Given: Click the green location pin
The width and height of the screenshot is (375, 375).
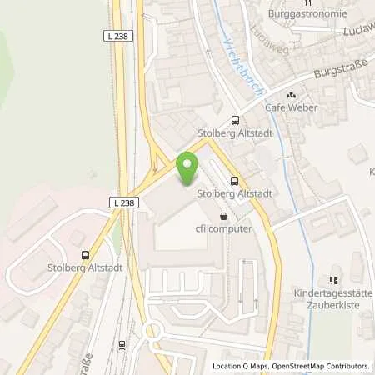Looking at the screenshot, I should click(x=187, y=167).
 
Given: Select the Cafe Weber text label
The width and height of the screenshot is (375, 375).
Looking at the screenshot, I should click(x=292, y=108).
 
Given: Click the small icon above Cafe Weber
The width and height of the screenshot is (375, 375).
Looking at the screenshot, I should click(x=292, y=94).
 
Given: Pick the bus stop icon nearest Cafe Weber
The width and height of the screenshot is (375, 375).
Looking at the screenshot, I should click(x=235, y=119).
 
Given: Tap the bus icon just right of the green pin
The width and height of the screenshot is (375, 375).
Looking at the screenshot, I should click(x=234, y=180).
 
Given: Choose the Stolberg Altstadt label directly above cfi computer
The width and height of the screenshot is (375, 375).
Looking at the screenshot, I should click(x=235, y=193).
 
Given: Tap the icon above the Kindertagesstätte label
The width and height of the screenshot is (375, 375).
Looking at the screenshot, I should click(x=335, y=281).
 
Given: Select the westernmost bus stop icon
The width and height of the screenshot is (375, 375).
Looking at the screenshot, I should click(x=84, y=256).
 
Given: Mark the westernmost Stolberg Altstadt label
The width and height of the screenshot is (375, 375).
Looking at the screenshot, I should click(x=84, y=269).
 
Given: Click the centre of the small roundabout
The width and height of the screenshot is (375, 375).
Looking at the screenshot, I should click(x=152, y=331).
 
